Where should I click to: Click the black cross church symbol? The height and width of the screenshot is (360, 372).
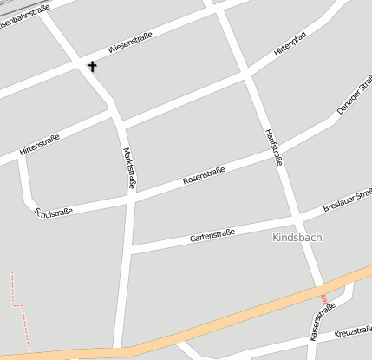92,66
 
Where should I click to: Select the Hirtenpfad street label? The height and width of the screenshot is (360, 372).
290,44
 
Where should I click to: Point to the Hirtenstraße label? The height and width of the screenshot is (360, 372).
39,144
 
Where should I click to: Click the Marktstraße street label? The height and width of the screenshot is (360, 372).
130,168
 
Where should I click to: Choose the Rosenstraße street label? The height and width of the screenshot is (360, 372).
204,176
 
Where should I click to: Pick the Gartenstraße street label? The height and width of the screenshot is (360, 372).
212,232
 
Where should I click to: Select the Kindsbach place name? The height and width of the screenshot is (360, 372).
296,237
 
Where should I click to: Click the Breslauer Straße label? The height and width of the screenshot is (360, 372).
347,206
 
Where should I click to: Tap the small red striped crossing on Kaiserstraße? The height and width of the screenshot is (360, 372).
324,299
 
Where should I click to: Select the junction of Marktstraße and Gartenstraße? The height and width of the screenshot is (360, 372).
130,247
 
